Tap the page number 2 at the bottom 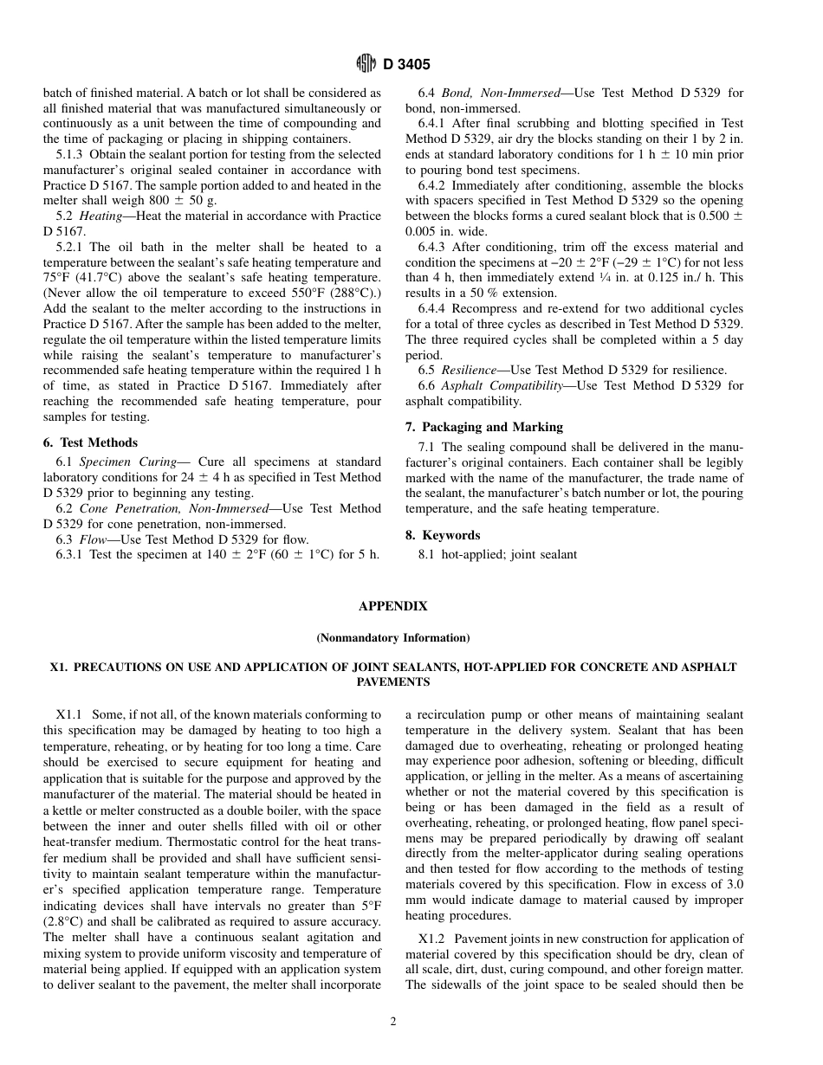392,1022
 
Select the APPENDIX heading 392,606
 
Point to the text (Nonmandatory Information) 392,638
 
